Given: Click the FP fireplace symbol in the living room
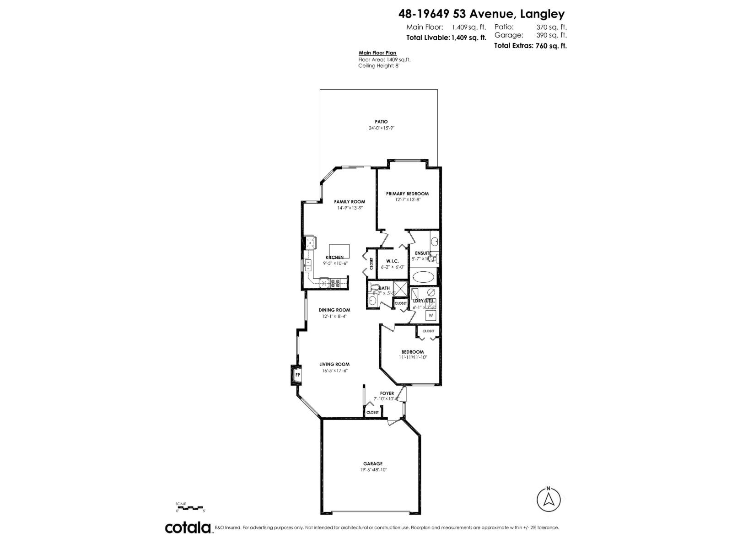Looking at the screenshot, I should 297,375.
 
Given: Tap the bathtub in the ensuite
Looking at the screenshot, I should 424,277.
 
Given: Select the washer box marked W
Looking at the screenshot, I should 431,315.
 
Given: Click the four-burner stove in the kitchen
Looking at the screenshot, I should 335,283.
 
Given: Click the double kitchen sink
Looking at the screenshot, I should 307,265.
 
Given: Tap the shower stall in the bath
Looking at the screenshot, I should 401,289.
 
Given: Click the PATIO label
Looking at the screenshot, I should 381,122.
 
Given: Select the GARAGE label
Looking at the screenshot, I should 373,463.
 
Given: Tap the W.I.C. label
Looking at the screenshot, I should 392,261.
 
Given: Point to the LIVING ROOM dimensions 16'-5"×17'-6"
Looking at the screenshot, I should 335,371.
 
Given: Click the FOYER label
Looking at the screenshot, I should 387,393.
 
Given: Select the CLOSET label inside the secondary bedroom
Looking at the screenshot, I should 428,331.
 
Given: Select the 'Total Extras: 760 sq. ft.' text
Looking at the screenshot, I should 530,46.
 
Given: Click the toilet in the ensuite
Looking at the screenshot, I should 434,258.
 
